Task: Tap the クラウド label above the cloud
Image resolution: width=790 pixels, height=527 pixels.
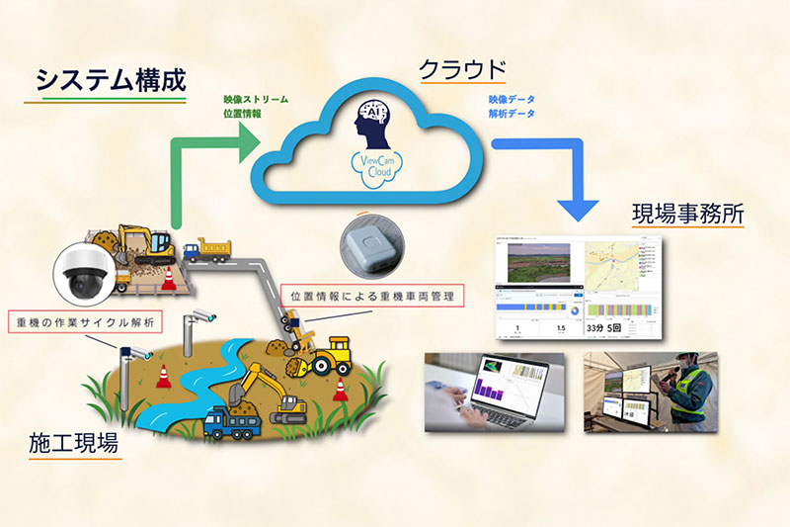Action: (462, 70)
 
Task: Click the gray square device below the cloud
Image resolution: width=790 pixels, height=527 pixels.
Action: (370, 241)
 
